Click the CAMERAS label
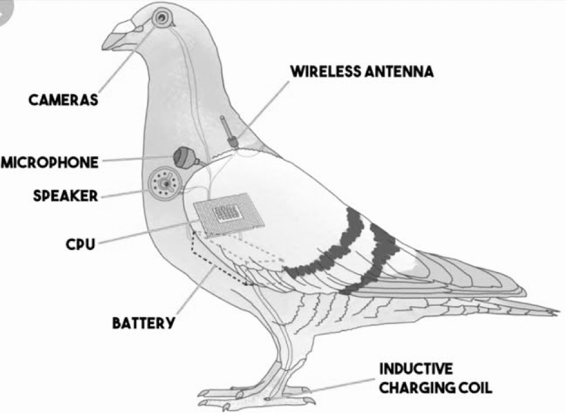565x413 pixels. pyautogui.click(x=63, y=100)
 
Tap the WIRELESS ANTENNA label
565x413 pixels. pyautogui.click(x=362, y=71)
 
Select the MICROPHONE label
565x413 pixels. pyautogui.click(x=49, y=163)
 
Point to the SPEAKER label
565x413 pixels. pyautogui.click(x=65, y=196)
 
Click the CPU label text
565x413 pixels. pyautogui.click(x=80, y=245)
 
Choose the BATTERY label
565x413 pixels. pyautogui.click(x=143, y=322)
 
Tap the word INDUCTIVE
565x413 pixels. pyautogui.click(x=416, y=369)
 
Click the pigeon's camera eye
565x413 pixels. pyautogui.click(x=161, y=17)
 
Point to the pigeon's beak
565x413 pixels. pyautogui.click(x=118, y=35)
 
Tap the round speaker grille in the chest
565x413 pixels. pyautogui.click(x=164, y=183)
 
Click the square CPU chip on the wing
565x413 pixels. pyautogui.click(x=229, y=215)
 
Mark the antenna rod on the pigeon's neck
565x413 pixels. pyautogui.click(x=228, y=131)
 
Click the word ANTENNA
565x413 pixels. pyautogui.click(x=399, y=71)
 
